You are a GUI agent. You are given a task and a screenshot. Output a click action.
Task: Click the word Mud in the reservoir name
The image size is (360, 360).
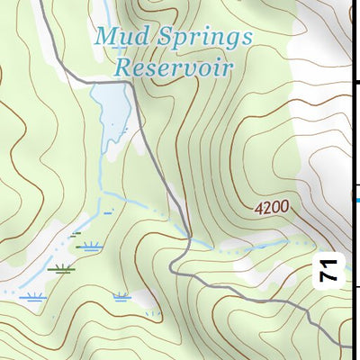pos(120,38)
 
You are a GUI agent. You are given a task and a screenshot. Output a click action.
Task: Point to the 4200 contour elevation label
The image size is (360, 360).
pos(272,208)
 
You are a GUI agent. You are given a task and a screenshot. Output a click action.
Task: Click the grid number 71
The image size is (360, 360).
pos(330,269)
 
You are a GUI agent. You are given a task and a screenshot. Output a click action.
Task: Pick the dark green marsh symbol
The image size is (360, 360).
pos(61,267)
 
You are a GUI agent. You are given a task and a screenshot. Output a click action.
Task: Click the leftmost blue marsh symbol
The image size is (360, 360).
pos(34,297)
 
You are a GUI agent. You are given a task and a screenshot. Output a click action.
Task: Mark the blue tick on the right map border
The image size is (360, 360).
pos(356,200)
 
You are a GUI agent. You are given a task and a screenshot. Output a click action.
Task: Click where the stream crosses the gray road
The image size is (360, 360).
pos(190,239)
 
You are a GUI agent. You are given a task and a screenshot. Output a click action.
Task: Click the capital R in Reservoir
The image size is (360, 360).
pos(122,67)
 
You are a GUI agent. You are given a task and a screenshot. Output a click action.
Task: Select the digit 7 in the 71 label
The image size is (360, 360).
pos(330,275)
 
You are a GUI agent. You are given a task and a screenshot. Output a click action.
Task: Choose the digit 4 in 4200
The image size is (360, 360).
pos(259,208)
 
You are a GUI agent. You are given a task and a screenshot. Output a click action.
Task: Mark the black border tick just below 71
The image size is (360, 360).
pos(356,288)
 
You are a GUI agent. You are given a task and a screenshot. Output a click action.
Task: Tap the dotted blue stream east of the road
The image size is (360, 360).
pos(261,244)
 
